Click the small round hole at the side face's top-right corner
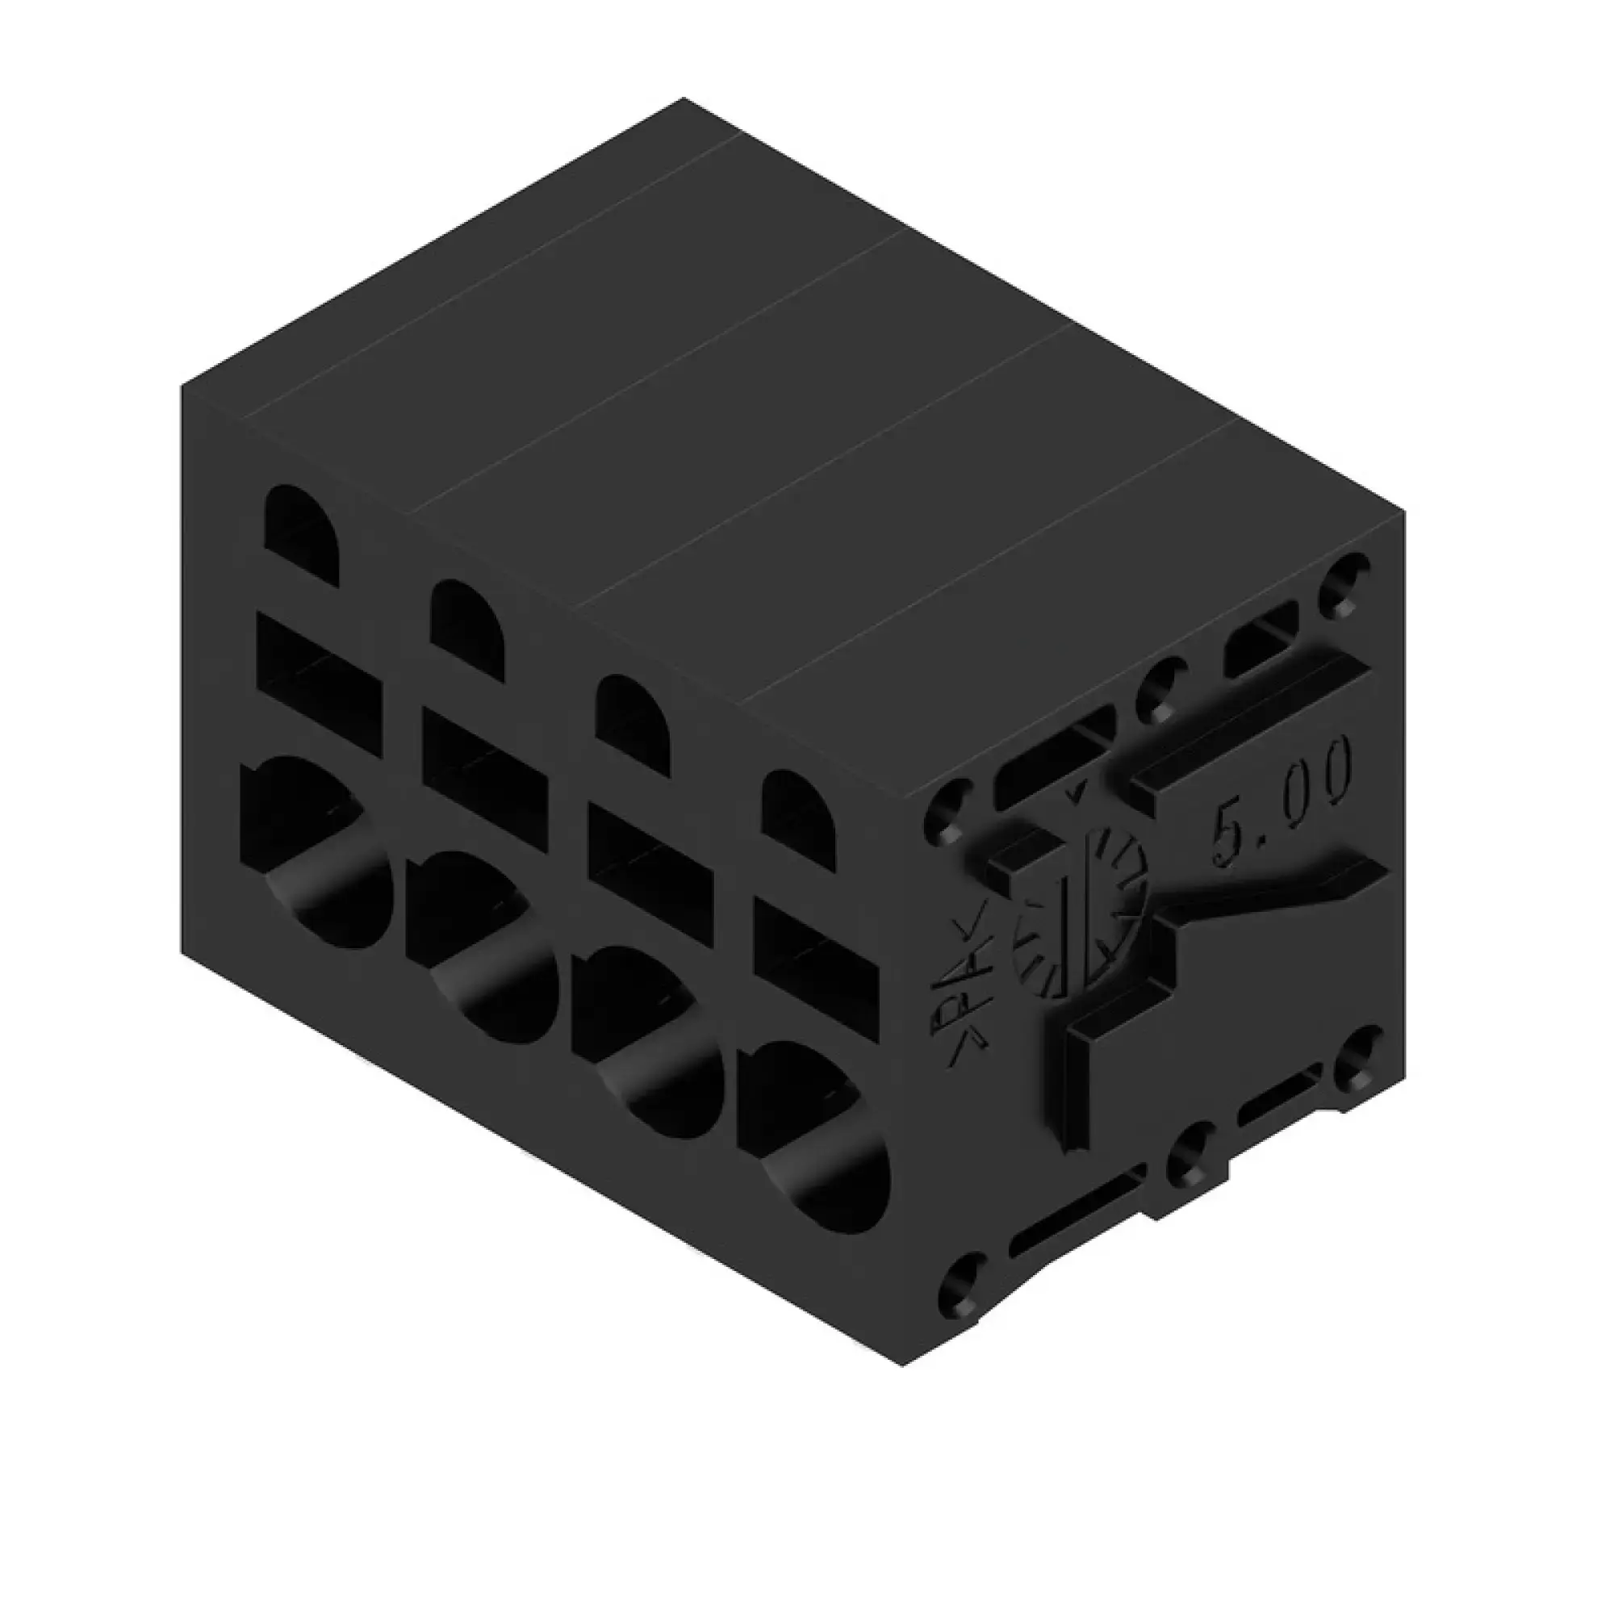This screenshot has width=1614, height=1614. (1344, 580)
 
